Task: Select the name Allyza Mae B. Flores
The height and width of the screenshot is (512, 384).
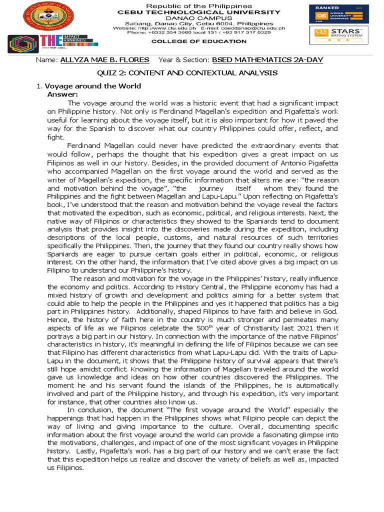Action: (x=104, y=60)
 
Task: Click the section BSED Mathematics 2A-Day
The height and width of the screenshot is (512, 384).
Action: (x=267, y=60)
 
